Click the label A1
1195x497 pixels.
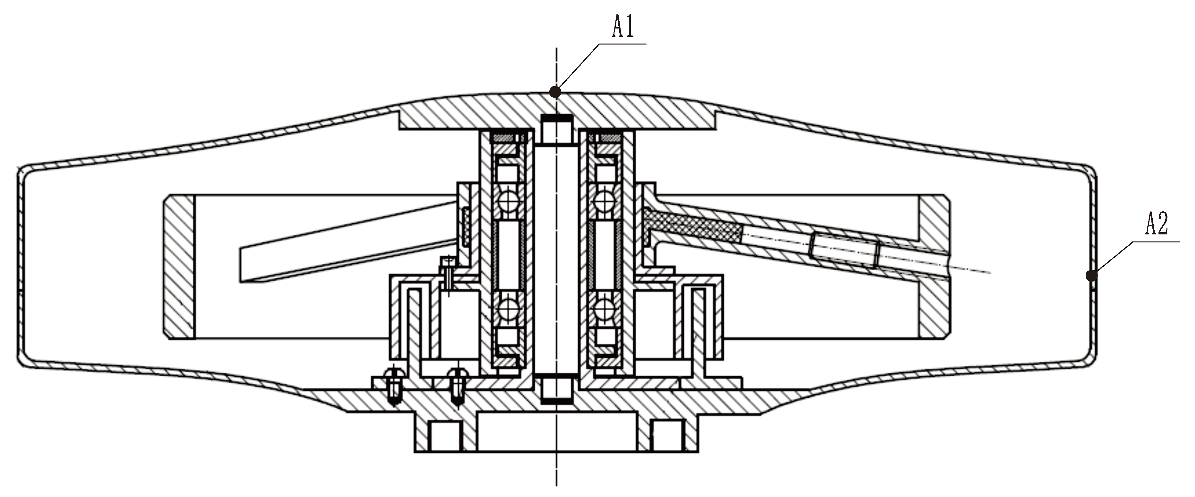[x=623, y=27]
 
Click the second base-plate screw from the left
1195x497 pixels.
[x=457, y=386]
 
